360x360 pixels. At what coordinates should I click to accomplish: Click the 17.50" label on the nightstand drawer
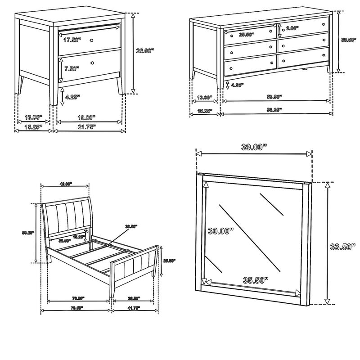tap(72, 40)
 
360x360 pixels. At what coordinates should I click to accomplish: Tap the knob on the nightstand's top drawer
tap(92, 40)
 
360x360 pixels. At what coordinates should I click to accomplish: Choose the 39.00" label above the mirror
tap(253, 146)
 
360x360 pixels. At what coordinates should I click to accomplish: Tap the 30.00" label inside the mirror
tap(220, 231)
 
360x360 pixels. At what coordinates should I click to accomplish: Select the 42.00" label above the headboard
tap(66, 184)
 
